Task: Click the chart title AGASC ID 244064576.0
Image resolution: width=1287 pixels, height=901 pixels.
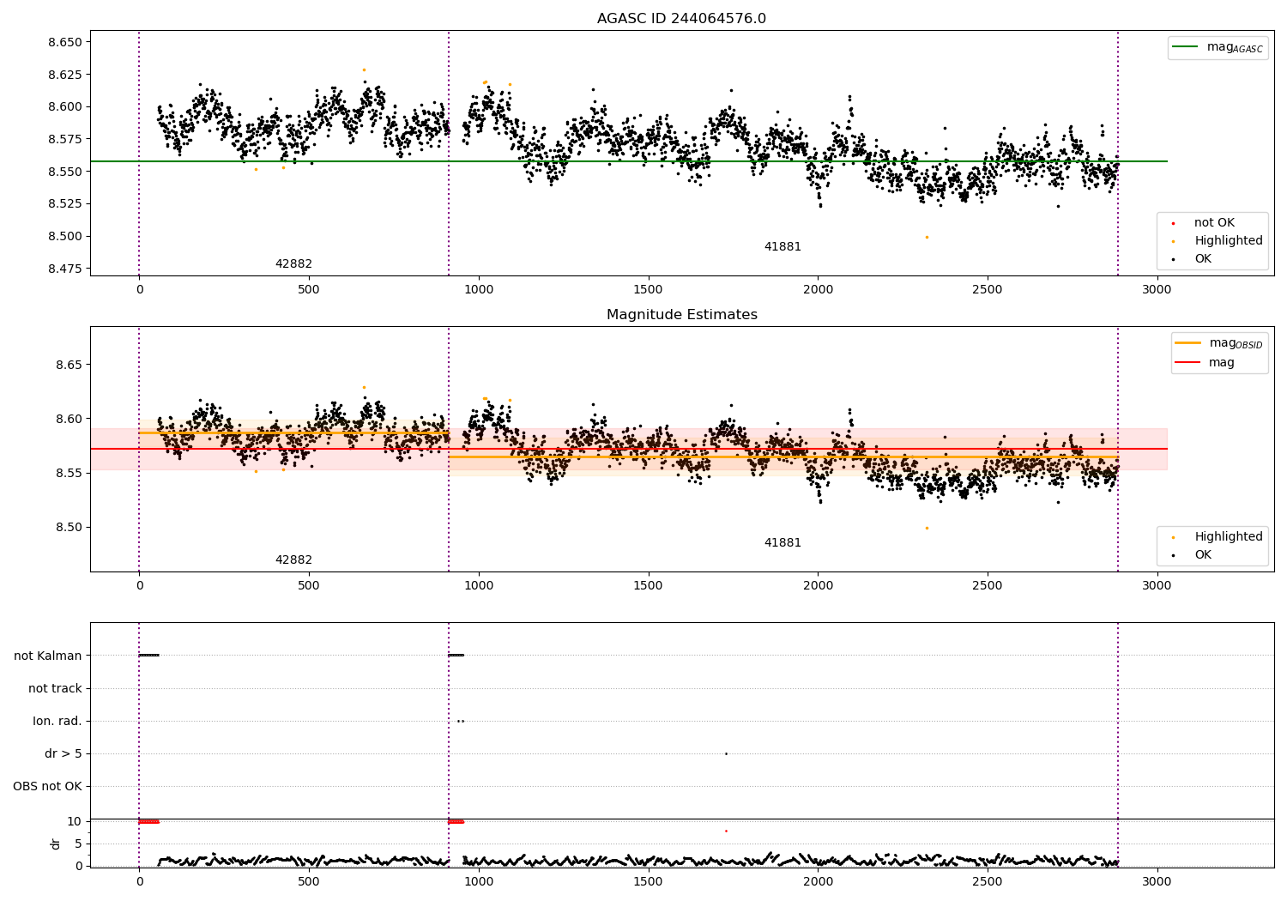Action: [681, 18]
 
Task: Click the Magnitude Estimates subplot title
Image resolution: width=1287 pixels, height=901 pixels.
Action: [682, 314]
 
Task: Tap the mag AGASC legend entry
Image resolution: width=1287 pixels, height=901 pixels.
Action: [1218, 47]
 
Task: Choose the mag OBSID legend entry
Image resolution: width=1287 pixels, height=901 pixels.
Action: [1218, 343]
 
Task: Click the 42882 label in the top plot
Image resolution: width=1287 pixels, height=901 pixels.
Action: [293, 263]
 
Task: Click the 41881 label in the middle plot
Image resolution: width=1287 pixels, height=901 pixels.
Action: [782, 542]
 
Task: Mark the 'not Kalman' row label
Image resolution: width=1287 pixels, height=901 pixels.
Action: [48, 656]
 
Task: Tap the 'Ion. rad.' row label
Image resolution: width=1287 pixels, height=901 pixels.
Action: [57, 721]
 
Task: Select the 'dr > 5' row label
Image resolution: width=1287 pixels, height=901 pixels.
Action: [63, 753]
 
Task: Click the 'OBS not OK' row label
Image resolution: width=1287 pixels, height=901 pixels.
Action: [47, 786]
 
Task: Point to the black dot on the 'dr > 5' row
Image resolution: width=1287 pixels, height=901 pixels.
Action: [726, 754]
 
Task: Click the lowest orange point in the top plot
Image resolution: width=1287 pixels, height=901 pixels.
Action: [927, 238]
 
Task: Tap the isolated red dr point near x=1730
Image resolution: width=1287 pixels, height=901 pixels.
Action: [726, 831]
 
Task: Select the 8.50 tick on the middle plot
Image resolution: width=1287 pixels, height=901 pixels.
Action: [69, 527]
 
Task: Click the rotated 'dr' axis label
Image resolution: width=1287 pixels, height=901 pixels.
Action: [55, 844]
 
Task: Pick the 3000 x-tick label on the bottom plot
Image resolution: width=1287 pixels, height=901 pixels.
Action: [1157, 881]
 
